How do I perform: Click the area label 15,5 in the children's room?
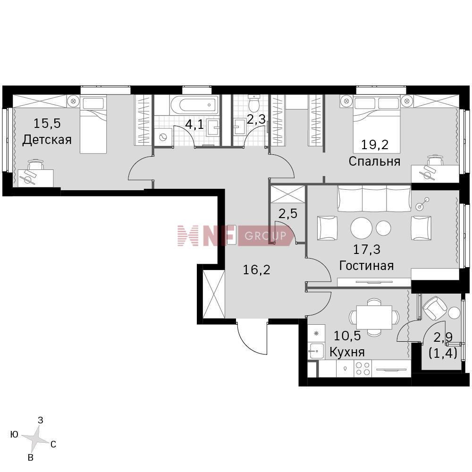[x=47, y=123]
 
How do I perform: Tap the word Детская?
[x=47, y=140]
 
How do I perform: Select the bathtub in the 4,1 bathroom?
[x=194, y=106]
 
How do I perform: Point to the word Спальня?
[x=374, y=161]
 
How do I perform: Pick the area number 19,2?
[x=375, y=145]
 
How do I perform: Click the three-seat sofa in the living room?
[x=374, y=198]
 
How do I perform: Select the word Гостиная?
[x=366, y=266]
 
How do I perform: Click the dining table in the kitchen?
[x=374, y=317]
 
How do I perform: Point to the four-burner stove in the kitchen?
[x=362, y=369]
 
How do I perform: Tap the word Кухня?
[x=347, y=352]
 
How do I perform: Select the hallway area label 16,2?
[x=256, y=270]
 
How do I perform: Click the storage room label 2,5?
[x=288, y=214]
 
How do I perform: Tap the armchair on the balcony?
[x=435, y=308]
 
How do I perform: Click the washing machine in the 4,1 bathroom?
[x=163, y=137]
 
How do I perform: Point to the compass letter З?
[x=40, y=420]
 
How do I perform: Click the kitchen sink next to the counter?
[x=316, y=351]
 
